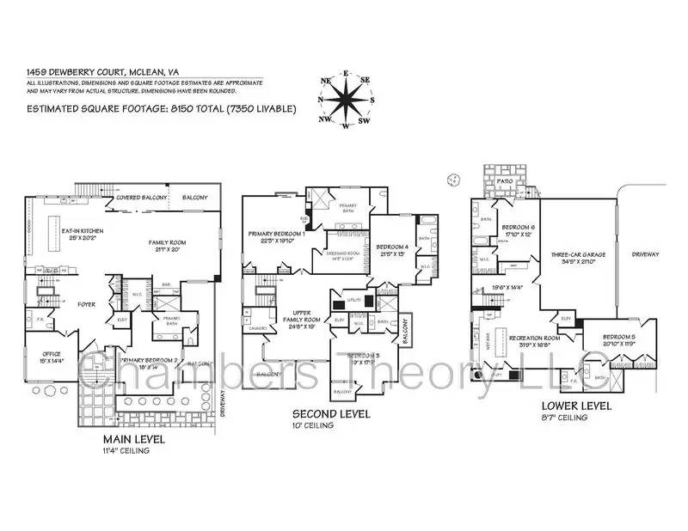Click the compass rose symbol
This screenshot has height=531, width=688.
coord(346,101)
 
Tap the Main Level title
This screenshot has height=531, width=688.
coord(130,439)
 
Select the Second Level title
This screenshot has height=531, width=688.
coord(331,414)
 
